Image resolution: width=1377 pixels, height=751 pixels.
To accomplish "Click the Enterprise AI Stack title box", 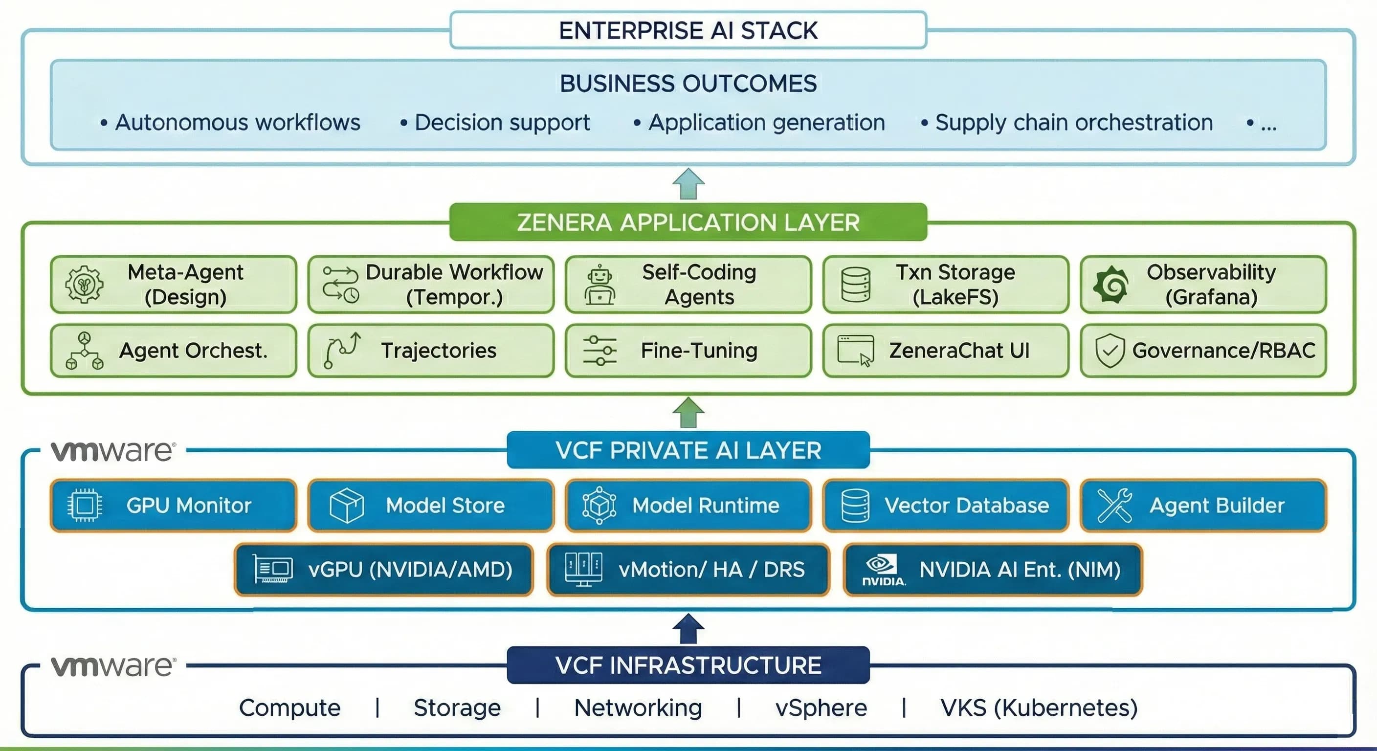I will tap(688, 30).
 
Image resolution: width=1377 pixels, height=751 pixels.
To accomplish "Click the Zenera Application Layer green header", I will tap(688, 222).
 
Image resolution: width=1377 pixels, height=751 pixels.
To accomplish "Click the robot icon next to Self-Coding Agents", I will tap(600, 285).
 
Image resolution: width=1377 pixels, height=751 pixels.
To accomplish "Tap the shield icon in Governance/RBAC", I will tap(1110, 351).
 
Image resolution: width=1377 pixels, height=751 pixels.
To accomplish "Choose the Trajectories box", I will tap(431, 351).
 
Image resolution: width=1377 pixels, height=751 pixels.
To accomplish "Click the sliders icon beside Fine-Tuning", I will tap(600, 351).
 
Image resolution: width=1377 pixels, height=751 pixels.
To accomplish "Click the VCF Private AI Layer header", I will tap(688, 450).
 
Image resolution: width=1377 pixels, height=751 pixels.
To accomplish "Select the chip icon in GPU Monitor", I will tap(85, 505).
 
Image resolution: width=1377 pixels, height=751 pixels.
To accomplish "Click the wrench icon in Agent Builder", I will tap(1114, 505).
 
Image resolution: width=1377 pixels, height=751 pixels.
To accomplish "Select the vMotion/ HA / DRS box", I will tap(688, 570).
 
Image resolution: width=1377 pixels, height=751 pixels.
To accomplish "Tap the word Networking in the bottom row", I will tap(638, 707).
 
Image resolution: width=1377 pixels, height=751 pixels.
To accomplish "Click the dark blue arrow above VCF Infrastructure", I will tap(688, 629).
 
